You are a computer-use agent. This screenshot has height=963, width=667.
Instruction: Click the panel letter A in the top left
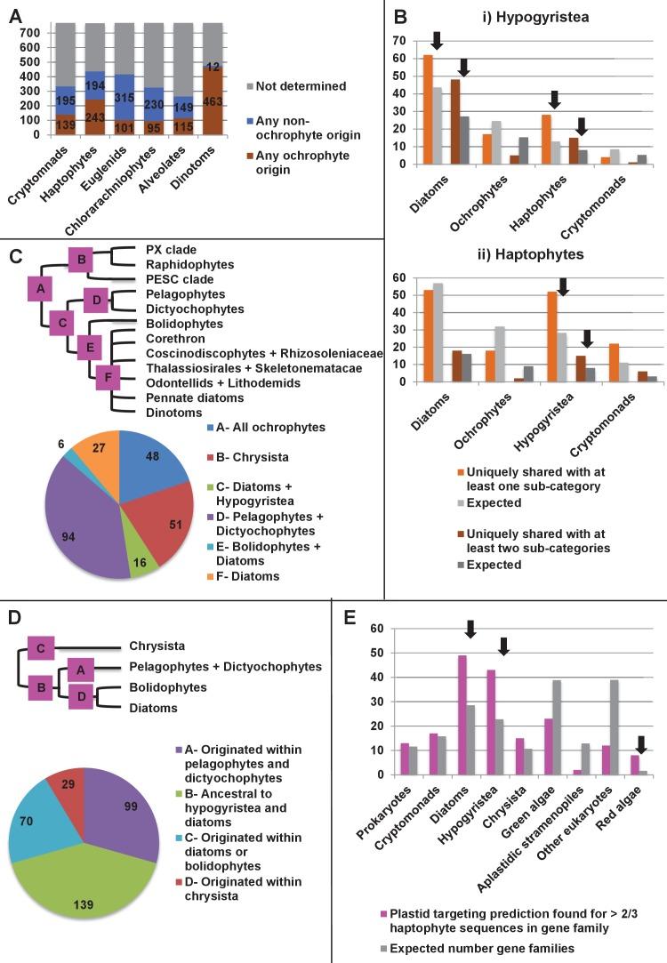(x=16, y=15)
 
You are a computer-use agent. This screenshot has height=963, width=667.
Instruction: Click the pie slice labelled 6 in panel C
(x=115, y=452)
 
